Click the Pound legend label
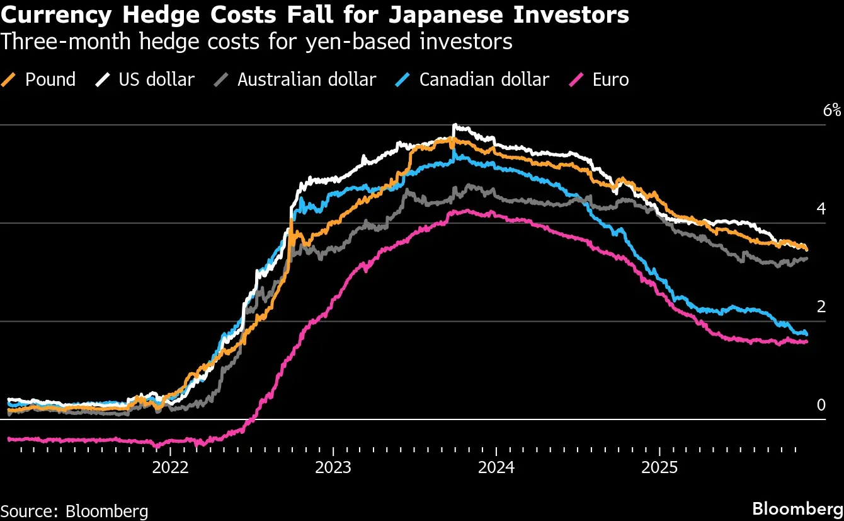point(50,79)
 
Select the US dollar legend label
point(156,79)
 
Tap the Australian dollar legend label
point(307,79)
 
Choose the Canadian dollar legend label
point(484,79)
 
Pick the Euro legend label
point(610,79)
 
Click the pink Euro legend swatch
point(576,79)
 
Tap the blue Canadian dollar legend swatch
point(402,79)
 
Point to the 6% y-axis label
point(831,110)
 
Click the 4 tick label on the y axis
point(821,209)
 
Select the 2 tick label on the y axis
point(821,307)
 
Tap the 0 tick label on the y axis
point(821,405)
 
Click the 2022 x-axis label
point(170,468)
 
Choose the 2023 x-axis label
point(333,468)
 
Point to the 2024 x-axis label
point(496,468)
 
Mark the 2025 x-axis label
point(659,468)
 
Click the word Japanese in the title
point(446,16)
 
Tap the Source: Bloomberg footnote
point(74,512)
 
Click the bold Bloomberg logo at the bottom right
point(797,509)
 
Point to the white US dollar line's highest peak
point(455,124)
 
